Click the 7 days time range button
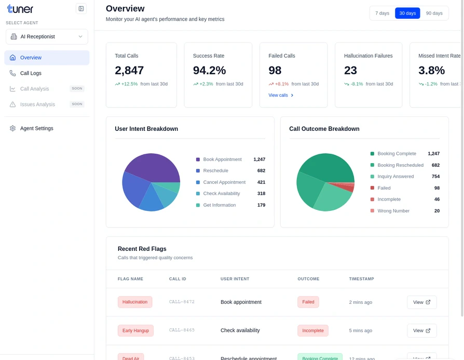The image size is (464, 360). pyautogui.click(x=382, y=13)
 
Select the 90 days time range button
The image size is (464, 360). pyautogui.click(x=434, y=13)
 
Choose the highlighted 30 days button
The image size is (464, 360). pyautogui.click(x=407, y=13)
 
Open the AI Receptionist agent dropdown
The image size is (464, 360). pyautogui.click(x=47, y=36)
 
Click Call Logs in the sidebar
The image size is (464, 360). pyautogui.click(x=31, y=73)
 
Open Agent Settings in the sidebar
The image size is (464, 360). pyautogui.click(x=36, y=128)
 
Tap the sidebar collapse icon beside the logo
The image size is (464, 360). pyautogui.click(x=81, y=8)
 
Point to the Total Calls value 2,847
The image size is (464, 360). pyautogui.click(x=129, y=70)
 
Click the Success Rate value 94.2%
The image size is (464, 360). pyautogui.click(x=209, y=70)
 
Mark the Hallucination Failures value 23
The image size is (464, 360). pyautogui.click(x=350, y=70)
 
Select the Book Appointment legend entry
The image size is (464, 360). pyautogui.click(x=222, y=159)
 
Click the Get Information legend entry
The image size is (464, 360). pyautogui.click(x=219, y=205)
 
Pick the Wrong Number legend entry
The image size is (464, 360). pyautogui.click(x=393, y=211)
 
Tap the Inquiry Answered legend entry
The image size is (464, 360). pyautogui.click(x=395, y=177)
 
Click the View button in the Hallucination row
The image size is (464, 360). pyautogui.click(x=421, y=302)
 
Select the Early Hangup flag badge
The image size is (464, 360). pyautogui.click(x=135, y=330)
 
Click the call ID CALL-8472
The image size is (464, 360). pyautogui.click(x=182, y=302)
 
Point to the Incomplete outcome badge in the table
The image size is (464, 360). pyautogui.click(x=312, y=330)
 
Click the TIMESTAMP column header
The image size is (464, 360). pyautogui.click(x=361, y=279)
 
